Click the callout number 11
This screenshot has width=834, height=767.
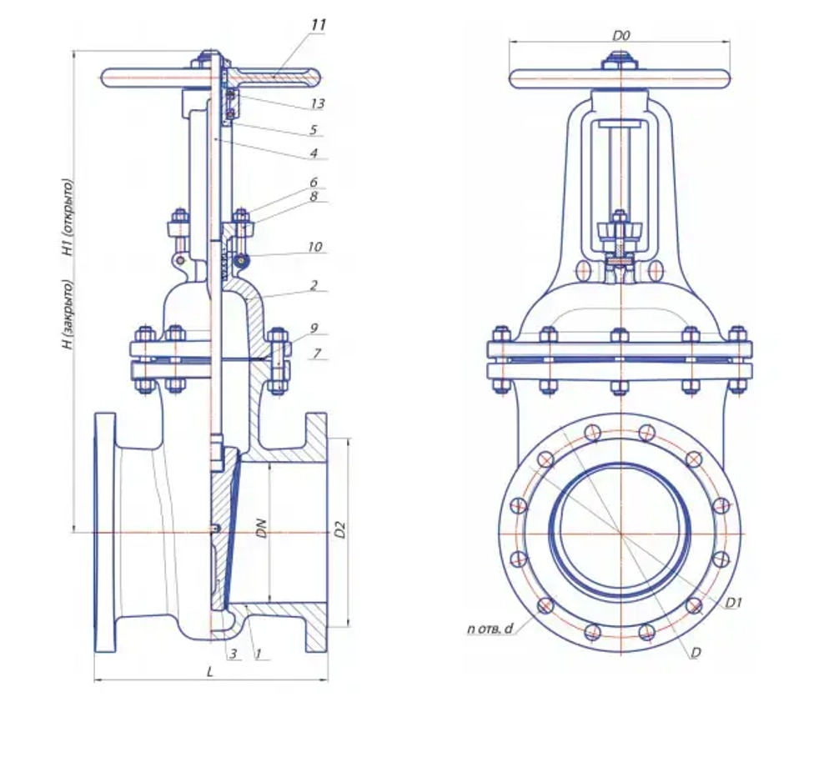click(317, 25)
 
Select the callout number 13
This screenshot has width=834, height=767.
click(317, 103)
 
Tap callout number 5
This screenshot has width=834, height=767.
click(314, 130)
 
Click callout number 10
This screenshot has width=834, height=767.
click(314, 248)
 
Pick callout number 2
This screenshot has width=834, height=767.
click(314, 285)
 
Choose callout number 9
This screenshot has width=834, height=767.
click(314, 328)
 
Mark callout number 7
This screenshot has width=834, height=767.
click(316, 353)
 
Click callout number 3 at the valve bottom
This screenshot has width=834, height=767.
click(235, 654)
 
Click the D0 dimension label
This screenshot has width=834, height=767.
click(621, 36)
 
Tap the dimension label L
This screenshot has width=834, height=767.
click(211, 671)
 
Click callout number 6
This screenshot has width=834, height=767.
click(314, 182)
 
